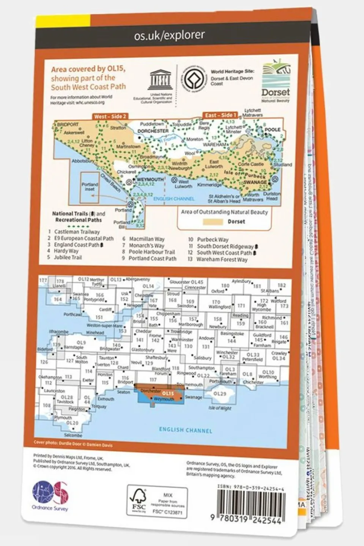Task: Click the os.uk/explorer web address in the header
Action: pyautogui.click(x=169, y=35)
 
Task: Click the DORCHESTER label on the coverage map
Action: pyautogui.click(x=153, y=131)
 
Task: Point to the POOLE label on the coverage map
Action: pyautogui.click(x=273, y=130)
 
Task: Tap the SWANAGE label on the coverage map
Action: pyautogui.click(x=255, y=182)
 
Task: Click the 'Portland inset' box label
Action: pyautogui.click(x=90, y=186)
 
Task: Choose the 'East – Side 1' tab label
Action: pyautogui.click(x=221, y=115)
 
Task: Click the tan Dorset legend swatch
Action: pyautogui.click(x=213, y=222)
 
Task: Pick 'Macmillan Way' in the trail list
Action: pyautogui.click(x=147, y=239)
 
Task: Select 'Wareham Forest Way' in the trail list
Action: pyautogui.click(x=222, y=260)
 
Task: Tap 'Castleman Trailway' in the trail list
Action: pyautogui.click(x=77, y=231)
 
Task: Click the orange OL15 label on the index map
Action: pyautogui.click(x=168, y=393)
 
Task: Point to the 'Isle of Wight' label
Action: pyautogui.click(x=219, y=408)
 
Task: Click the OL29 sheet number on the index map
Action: pyautogui.click(x=219, y=394)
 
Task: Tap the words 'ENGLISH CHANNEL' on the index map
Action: pyautogui.click(x=185, y=430)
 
